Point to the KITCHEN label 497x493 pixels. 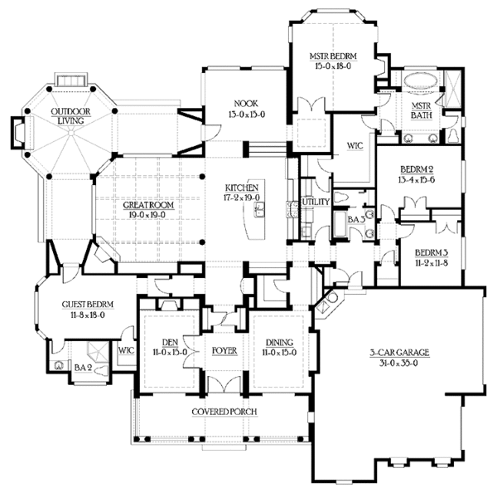[245, 188]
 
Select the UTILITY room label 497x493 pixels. [318, 202]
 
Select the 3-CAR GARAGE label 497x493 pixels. [399, 352]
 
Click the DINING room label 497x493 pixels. [279, 341]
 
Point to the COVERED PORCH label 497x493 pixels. [224, 412]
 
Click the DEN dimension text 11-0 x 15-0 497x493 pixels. [168, 351]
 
